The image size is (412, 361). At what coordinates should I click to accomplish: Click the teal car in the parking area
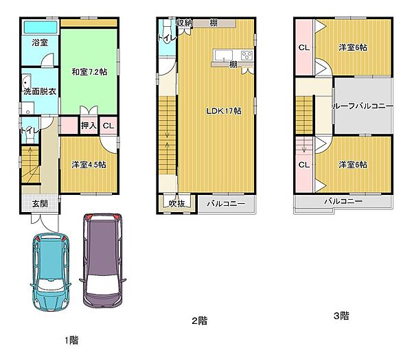[x=50, y=272]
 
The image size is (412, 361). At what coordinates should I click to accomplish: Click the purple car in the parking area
[x=103, y=260]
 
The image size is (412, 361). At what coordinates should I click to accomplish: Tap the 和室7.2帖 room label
[x=89, y=72]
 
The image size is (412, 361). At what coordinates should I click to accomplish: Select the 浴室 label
[x=40, y=43]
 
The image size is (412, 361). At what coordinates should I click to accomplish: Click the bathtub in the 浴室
[x=41, y=27]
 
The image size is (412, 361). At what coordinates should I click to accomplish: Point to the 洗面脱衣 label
[x=40, y=91]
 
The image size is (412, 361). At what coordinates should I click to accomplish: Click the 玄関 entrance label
[x=40, y=203]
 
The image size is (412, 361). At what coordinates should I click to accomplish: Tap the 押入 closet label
[x=89, y=126]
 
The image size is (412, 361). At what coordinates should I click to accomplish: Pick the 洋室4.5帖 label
[x=89, y=165]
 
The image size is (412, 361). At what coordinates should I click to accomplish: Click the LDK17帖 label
[x=224, y=111]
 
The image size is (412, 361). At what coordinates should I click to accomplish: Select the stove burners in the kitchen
[x=247, y=56]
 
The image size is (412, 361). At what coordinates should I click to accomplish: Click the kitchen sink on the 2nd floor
[x=223, y=56]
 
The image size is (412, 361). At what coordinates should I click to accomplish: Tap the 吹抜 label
[x=177, y=203]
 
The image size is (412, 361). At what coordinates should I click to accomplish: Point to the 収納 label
[x=185, y=23]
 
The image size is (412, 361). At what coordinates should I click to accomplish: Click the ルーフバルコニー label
[x=363, y=106]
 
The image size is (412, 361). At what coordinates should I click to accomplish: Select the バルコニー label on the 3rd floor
[x=343, y=201]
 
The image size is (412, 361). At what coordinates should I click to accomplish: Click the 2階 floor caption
[x=199, y=321]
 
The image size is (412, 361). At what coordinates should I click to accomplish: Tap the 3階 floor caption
[x=341, y=316]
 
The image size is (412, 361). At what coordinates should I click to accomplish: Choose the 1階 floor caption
[x=71, y=340]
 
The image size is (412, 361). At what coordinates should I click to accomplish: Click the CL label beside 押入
[x=108, y=126]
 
